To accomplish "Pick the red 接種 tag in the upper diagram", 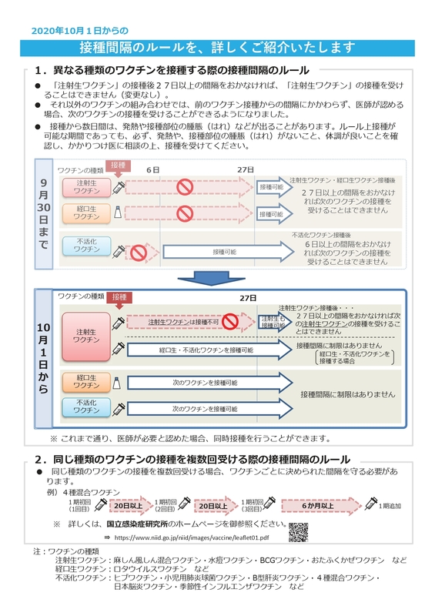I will pyautogui.click(x=118, y=166).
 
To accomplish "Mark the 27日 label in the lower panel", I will pyautogui.click(x=247, y=297).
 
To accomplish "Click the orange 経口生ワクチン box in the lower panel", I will pyautogui.click(x=85, y=382).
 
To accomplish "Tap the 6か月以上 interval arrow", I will pyautogui.click(x=316, y=506).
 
